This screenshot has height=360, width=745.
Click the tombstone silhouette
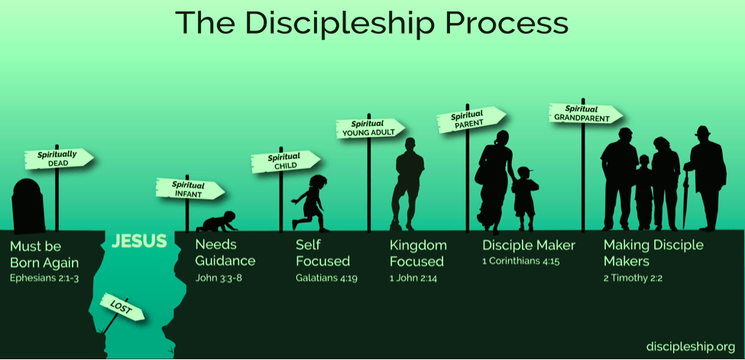click(x=28, y=207)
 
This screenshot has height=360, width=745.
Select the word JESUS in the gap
click(x=139, y=241)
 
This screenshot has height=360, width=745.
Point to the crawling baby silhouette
click(x=217, y=222)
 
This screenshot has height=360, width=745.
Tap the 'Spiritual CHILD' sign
click(x=285, y=162)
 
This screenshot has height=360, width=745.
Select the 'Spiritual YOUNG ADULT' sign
click(x=371, y=128)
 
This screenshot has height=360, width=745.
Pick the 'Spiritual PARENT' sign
click(x=471, y=119)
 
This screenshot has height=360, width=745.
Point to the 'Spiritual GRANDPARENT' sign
click(x=585, y=114)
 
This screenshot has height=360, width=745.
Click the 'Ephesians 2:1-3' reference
click(x=44, y=277)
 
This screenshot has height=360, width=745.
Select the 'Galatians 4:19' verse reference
click(x=326, y=277)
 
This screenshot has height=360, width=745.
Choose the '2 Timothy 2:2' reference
click(x=633, y=278)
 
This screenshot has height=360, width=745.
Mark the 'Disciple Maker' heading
click(x=529, y=245)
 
